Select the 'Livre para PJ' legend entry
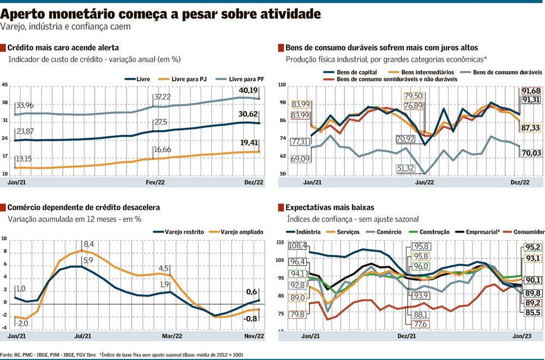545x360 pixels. click(x=182, y=79)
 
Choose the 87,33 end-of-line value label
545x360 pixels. click(x=531, y=128)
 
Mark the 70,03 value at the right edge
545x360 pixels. click(x=531, y=154)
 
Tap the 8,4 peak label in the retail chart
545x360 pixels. click(x=89, y=243)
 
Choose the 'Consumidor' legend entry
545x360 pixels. click(x=526, y=232)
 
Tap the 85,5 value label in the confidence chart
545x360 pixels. click(x=532, y=313)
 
